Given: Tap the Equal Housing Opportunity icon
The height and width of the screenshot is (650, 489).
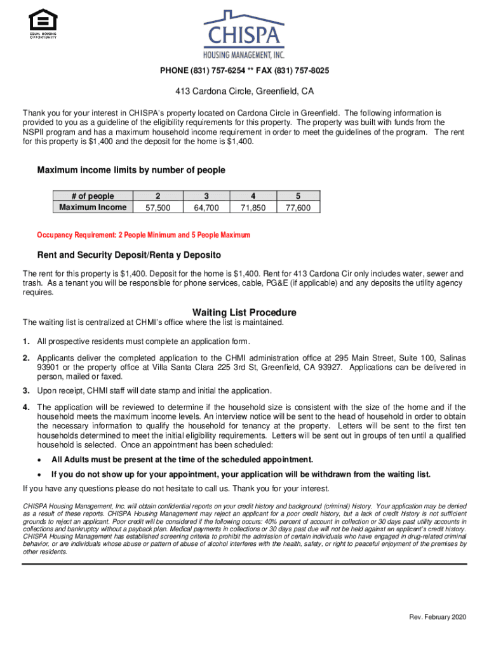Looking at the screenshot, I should [43, 24].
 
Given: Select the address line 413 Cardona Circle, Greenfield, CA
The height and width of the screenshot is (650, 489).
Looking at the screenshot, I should [245, 91].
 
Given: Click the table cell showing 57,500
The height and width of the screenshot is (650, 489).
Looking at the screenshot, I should [157, 208].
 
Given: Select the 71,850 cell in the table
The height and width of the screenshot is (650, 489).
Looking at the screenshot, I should [253, 208].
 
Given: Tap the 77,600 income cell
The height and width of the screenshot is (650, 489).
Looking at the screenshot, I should [298, 208].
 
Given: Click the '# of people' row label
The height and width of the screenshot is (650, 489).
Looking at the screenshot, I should [93, 196].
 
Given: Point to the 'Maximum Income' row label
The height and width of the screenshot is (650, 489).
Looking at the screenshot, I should [93, 208].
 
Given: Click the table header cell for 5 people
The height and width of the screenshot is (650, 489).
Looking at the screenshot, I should [298, 196].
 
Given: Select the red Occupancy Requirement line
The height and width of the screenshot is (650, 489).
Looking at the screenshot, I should [144, 235].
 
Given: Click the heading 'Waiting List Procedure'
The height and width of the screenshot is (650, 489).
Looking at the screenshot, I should [244, 312].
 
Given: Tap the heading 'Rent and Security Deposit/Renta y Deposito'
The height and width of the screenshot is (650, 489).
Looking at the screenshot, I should [129, 255].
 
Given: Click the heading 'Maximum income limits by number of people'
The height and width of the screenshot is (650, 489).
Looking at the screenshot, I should [131, 170].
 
